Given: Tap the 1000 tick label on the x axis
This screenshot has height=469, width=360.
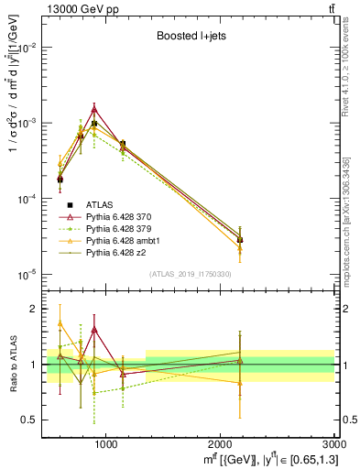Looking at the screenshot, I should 105,446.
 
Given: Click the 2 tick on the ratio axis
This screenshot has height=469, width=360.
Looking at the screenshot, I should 35,309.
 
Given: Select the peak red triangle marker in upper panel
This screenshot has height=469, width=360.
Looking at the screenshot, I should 94,109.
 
